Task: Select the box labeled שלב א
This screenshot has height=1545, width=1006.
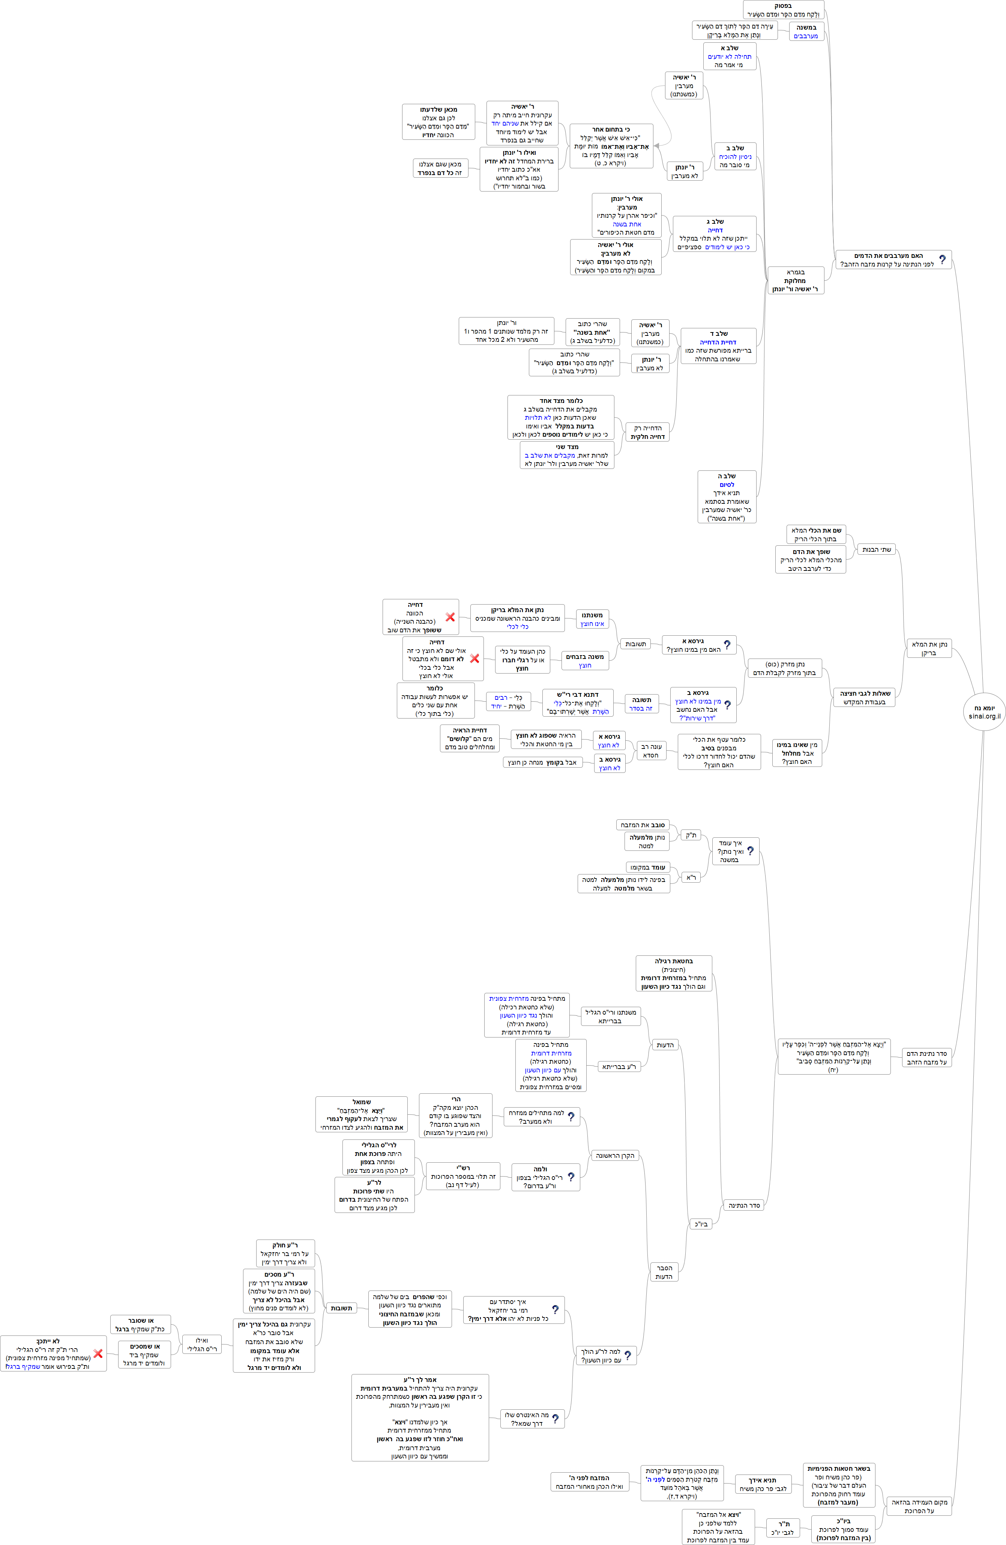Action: pyautogui.click(x=729, y=57)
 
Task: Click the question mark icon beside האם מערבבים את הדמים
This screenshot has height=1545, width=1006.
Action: pyautogui.click(x=942, y=260)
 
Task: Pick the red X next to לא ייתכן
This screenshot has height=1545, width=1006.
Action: pyautogui.click(x=98, y=1353)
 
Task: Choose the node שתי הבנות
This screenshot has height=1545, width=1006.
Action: pyautogui.click(x=876, y=549)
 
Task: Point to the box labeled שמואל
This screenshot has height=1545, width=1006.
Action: pyautogui.click(x=362, y=1114)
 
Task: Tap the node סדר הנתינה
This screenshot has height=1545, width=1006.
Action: pyautogui.click(x=743, y=1205)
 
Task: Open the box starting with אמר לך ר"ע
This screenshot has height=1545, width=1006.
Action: pyautogui.click(x=420, y=1417)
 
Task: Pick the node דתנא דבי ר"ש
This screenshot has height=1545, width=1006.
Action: pyautogui.click(x=577, y=703)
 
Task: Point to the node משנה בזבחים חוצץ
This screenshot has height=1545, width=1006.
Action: pyautogui.click(x=584, y=661)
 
